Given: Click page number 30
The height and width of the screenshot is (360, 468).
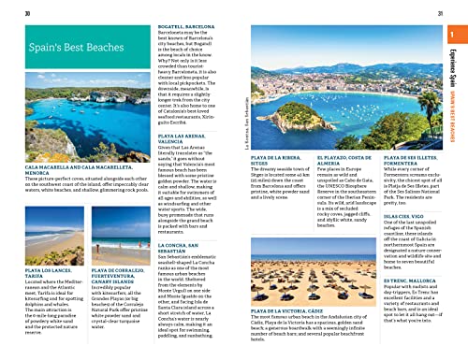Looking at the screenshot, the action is [x=29, y=11].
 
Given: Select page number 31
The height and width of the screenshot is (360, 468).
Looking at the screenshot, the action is [x=440, y=11].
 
